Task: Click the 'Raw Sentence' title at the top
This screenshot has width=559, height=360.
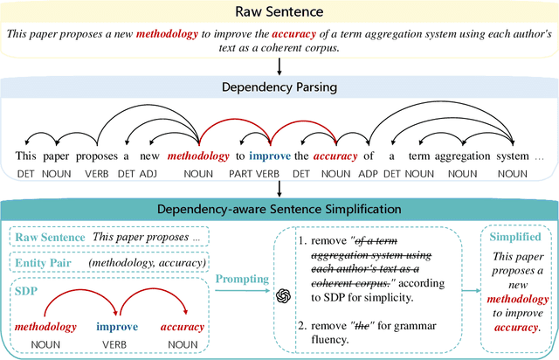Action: [x=279, y=13]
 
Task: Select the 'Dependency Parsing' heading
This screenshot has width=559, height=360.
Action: [x=279, y=87]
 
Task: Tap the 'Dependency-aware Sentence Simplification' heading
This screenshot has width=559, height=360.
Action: [x=279, y=209]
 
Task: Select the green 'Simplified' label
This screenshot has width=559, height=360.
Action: [x=515, y=238]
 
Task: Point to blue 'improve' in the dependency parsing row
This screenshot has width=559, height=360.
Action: [x=268, y=156]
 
